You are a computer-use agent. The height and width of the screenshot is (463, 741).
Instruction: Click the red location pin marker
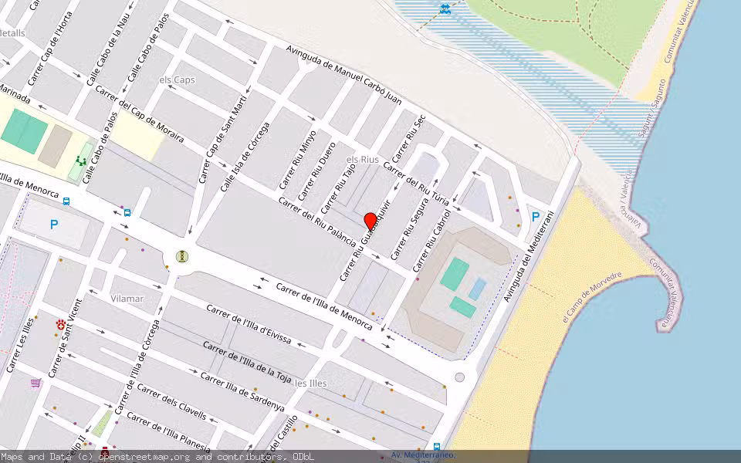370,221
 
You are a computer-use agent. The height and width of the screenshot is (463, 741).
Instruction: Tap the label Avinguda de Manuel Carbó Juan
344,76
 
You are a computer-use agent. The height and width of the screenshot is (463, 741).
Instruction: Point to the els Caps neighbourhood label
177,80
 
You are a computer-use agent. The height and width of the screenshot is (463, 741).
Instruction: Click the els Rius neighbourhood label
362,159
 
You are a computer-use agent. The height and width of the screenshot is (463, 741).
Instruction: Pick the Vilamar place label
127,298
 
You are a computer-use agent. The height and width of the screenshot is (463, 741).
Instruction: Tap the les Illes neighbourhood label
311,383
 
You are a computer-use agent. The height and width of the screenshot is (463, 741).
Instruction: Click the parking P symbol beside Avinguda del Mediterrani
535,218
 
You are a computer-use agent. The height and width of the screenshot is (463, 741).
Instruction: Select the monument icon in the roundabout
181,256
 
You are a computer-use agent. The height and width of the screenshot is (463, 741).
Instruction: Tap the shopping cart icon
36,383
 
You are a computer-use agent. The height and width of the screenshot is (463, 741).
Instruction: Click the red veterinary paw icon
60,324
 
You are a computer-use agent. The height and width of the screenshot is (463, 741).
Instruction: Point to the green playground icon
81,161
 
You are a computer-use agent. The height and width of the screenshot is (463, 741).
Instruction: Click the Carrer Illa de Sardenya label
242,392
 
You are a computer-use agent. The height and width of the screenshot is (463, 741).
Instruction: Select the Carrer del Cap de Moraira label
140,114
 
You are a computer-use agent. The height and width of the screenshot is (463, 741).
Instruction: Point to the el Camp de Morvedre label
592,297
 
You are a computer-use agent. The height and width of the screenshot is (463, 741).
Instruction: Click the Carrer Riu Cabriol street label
431,239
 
